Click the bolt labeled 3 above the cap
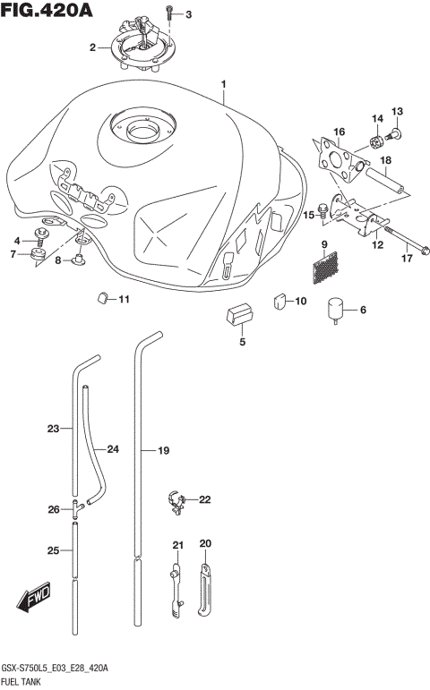tap(169, 13)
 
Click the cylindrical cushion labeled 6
tap(336, 309)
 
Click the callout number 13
tap(397, 111)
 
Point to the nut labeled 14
tap(377, 140)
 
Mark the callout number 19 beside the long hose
tap(163, 451)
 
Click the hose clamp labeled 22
tap(176, 500)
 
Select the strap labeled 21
tap(176, 586)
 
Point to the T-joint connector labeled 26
tap(77, 507)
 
